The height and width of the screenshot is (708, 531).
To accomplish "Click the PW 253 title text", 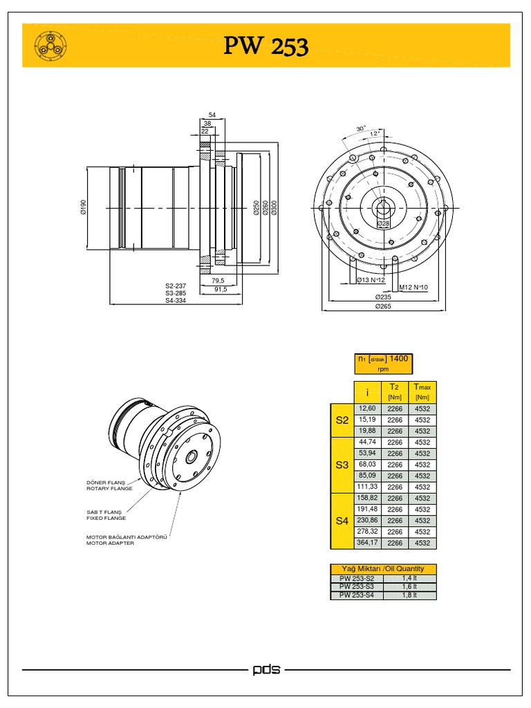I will (266, 46).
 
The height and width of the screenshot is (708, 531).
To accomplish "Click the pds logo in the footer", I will (266, 670).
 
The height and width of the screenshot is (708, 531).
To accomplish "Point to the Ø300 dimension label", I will (274, 207).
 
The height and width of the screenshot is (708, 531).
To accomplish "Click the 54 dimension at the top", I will (212, 114).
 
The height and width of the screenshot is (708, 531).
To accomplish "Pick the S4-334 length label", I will (176, 301).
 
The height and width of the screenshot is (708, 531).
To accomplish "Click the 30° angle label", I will (361, 129).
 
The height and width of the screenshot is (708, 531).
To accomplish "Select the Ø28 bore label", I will (384, 224).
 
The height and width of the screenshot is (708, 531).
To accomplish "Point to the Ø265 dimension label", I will (383, 306).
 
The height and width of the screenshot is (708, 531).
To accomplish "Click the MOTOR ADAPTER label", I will (110, 543).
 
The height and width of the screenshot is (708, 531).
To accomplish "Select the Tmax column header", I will (422, 391).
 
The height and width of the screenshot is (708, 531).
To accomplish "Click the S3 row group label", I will (342, 465).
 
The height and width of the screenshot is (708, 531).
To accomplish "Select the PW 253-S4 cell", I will (357, 595).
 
